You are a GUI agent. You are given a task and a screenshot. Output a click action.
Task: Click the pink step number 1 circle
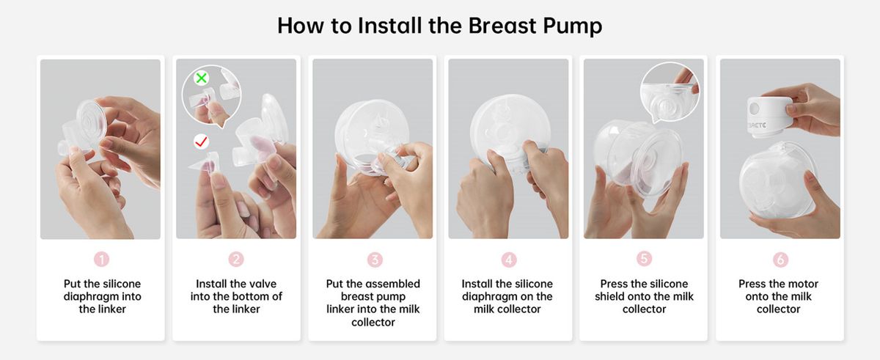(x=101, y=260)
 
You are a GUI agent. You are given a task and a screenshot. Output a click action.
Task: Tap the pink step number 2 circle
(x=236, y=259)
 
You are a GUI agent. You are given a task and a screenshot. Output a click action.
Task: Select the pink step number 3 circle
(x=375, y=260)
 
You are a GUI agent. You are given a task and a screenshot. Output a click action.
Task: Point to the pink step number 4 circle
(x=509, y=260)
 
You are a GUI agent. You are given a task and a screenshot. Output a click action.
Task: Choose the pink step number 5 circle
(x=644, y=258)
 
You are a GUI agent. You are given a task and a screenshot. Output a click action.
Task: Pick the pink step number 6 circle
(x=780, y=260)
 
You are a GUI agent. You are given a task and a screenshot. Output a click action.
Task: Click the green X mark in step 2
(x=202, y=78)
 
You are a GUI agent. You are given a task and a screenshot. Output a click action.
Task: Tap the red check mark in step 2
(x=202, y=142)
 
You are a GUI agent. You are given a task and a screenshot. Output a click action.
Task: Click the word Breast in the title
(x=502, y=26)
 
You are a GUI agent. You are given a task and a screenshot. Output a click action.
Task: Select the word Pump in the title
(x=573, y=26)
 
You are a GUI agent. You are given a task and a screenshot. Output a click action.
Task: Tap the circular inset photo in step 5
(x=670, y=92)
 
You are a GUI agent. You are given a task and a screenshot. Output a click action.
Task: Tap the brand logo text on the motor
(x=757, y=125)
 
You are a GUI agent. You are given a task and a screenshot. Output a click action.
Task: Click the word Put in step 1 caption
(x=73, y=284)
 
